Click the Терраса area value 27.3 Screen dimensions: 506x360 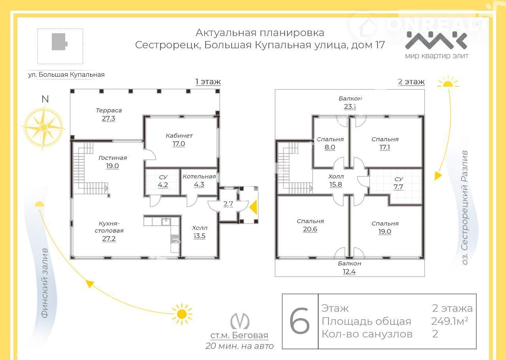coord(108,118)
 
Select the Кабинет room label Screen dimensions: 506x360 coord(179,136)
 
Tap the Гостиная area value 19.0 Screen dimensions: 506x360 coord(112,166)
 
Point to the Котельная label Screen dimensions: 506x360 coord(199,176)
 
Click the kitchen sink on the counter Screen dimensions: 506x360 coord(166,222)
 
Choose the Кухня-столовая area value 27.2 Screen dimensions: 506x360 coord(109,239)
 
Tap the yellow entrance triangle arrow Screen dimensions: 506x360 coord(253,207)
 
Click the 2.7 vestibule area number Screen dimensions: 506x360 coord(228,204)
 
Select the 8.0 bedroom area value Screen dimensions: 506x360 coord(330,147)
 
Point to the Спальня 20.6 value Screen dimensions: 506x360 coord(310,229)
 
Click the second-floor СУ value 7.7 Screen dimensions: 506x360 coord(398,187)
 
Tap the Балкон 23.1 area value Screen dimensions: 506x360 coord(350,106)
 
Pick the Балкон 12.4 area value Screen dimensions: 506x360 coord(349,271)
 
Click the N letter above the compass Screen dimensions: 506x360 coord(45,99)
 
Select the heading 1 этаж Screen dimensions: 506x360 coord(208,81)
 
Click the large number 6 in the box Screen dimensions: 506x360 coord(300,321)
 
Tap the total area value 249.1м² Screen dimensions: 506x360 coord(449,321)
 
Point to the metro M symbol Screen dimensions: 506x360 coord(240,321)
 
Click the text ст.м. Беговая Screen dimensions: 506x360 coord(239,335)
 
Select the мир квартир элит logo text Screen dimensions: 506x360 coord(437,56)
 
